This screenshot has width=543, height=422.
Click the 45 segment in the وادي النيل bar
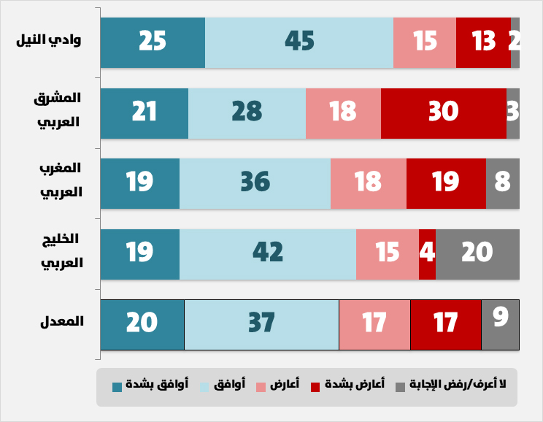coord(299,42)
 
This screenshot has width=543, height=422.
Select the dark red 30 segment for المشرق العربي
coord(443,113)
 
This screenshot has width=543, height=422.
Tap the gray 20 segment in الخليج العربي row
coord(477,254)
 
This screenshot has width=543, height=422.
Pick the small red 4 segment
coord(427,254)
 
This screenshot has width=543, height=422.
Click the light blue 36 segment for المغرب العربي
coord(255,183)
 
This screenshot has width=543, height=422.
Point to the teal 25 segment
coord(153,42)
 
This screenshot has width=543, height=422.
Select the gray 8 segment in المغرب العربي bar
coord(502,183)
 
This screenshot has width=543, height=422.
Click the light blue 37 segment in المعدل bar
coord(261,324)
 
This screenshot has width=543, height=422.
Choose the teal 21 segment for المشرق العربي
coord(144,113)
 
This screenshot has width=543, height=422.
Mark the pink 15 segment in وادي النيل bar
coord(424,42)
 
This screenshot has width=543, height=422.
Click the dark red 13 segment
coord(483,42)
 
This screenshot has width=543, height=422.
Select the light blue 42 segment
coord(267,254)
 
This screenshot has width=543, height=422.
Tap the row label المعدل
coord(65,321)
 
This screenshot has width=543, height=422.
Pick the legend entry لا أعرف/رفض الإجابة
coord(457,383)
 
